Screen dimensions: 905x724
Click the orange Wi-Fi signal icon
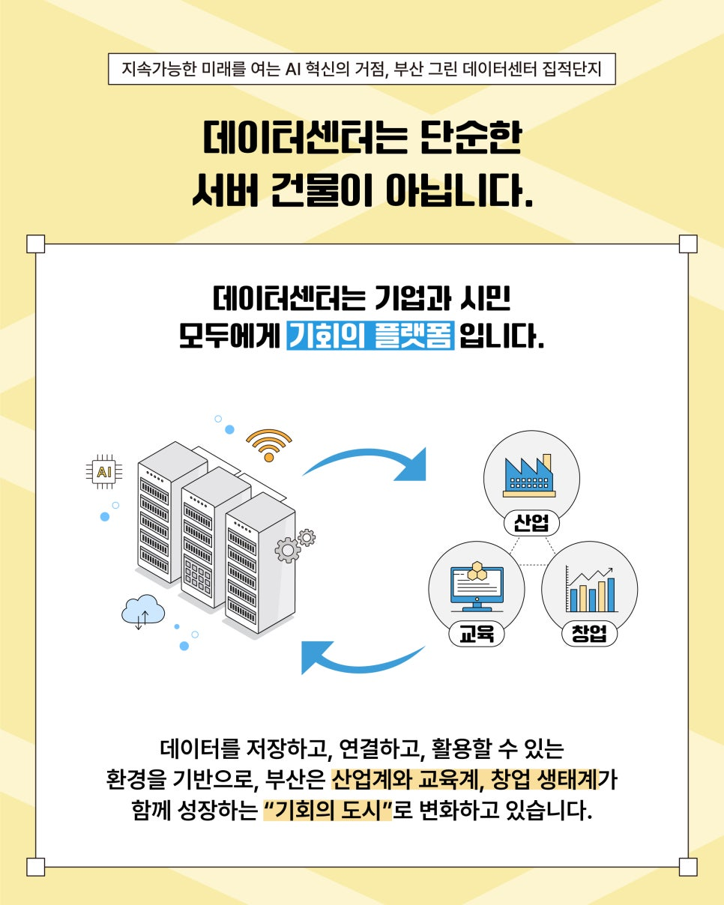point(268,444)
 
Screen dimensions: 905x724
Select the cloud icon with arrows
point(142,611)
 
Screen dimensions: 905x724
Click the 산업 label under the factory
point(531,523)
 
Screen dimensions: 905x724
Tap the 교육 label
point(476,635)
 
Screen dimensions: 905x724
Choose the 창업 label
point(589,635)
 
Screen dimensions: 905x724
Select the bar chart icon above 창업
point(591,590)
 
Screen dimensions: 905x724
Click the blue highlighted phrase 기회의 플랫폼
point(370,336)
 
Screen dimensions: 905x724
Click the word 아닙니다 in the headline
point(458,191)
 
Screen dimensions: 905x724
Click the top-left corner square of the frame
point(35,244)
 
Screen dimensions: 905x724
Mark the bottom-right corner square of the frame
point(688,867)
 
